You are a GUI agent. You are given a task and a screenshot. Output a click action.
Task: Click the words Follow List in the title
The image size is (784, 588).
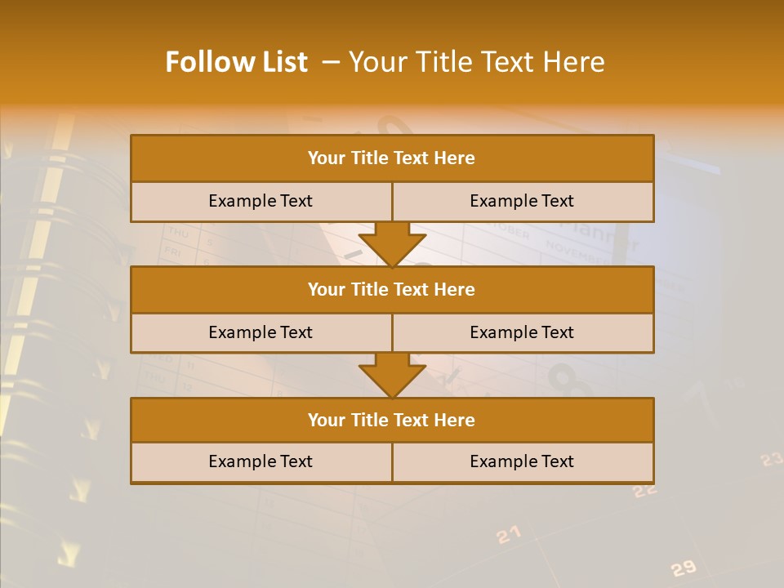[x=236, y=62]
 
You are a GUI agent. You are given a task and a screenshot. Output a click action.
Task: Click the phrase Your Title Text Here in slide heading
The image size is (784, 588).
[x=476, y=62]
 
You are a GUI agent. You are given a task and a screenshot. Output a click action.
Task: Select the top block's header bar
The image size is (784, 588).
[x=392, y=158]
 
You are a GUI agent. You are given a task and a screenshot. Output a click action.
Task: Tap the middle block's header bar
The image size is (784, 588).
[x=392, y=290]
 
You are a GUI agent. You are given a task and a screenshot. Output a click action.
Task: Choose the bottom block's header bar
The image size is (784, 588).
[x=392, y=421]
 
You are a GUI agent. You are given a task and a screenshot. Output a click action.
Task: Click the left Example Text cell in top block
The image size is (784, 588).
[x=261, y=202]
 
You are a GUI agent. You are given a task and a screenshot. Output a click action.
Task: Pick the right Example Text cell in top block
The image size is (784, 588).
[x=523, y=202]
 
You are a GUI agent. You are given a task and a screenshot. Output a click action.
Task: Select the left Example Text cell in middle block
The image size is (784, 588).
[x=261, y=333]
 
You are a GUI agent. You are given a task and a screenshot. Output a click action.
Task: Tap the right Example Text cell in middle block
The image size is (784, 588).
[x=523, y=333]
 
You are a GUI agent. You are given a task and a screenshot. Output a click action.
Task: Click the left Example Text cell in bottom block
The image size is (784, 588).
[x=261, y=462]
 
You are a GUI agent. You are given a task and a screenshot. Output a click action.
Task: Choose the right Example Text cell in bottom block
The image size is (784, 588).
[x=523, y=462]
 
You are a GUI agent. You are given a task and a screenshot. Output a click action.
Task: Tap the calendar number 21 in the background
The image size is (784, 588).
[x=508, y=535]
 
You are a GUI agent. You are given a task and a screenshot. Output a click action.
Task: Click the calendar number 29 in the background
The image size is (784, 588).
[x=683, y=568]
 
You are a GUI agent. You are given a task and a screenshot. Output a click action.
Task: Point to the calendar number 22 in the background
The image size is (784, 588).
[x=645, y=490]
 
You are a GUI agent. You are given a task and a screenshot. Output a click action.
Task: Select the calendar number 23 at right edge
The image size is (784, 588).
[x=771, y=460]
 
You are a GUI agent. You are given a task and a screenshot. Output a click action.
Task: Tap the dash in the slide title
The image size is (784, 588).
[x=331, y=62]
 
